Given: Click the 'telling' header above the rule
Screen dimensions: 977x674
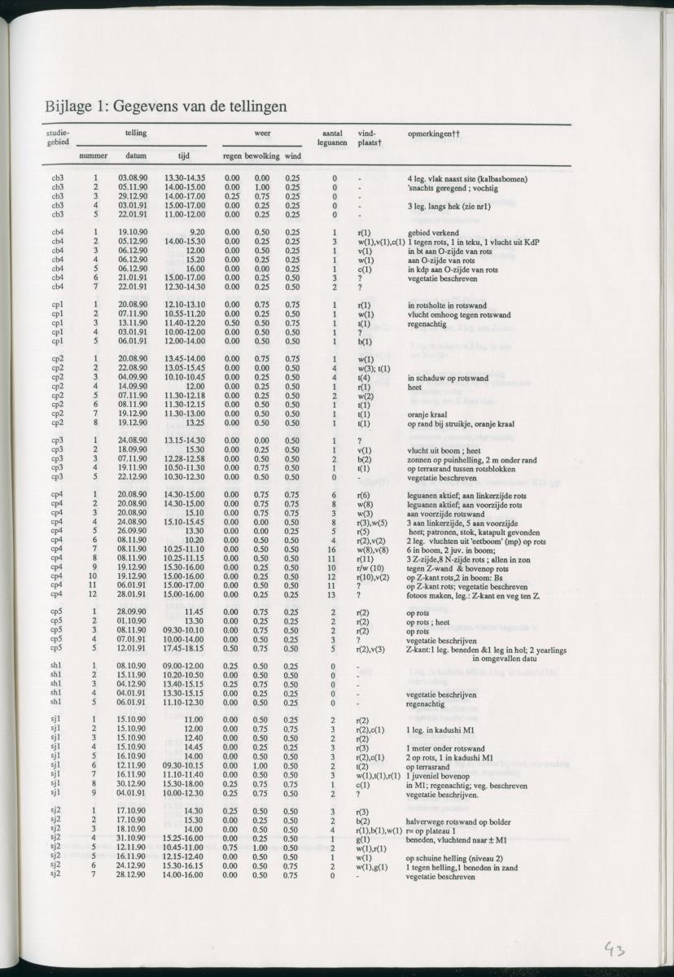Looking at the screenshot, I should click(x=136, y=133).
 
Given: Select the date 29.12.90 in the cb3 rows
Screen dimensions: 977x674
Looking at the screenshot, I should click(x=132, y=196).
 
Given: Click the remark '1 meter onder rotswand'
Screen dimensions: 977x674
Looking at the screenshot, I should click(x=445, y=747).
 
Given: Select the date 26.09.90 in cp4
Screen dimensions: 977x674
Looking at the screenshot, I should click(x=132, y=531).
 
